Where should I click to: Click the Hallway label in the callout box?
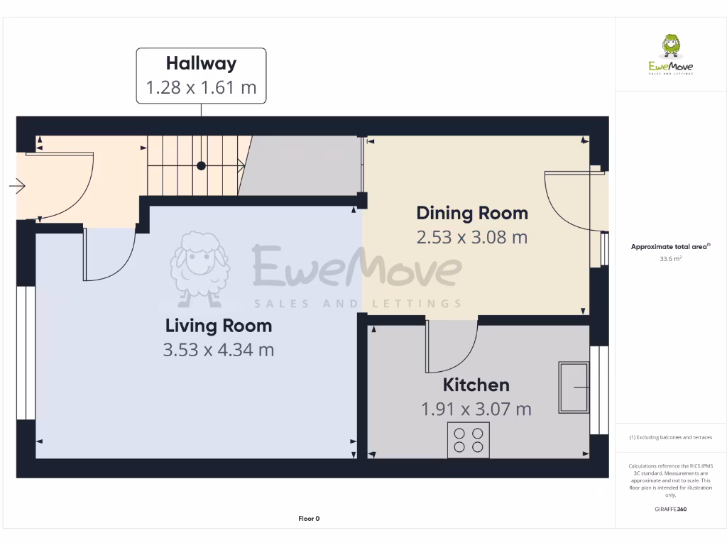coord(201,63)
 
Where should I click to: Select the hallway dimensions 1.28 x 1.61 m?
coord(201,88)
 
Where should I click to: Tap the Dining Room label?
coord(472,213)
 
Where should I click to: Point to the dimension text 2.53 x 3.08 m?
coord(472,237)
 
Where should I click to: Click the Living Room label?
coord(219,326)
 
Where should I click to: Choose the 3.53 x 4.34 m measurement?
coord(219,350)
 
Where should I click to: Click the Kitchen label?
coord(476,385)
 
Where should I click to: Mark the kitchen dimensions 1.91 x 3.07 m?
coord(476,409)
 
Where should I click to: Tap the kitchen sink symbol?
coord(574,387)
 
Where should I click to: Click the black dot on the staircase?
coord(201,165)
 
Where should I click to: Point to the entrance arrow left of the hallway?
coord(17,187)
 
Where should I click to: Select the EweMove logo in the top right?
coord(671,55)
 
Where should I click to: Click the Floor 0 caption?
coord(309,519)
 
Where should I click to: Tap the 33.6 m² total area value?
coord(671,259)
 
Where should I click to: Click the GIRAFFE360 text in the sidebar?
coord(671,509)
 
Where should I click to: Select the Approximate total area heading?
coord(671,247)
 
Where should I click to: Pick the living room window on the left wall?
coord(26,352)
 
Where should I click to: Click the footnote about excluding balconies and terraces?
coord(671,437)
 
